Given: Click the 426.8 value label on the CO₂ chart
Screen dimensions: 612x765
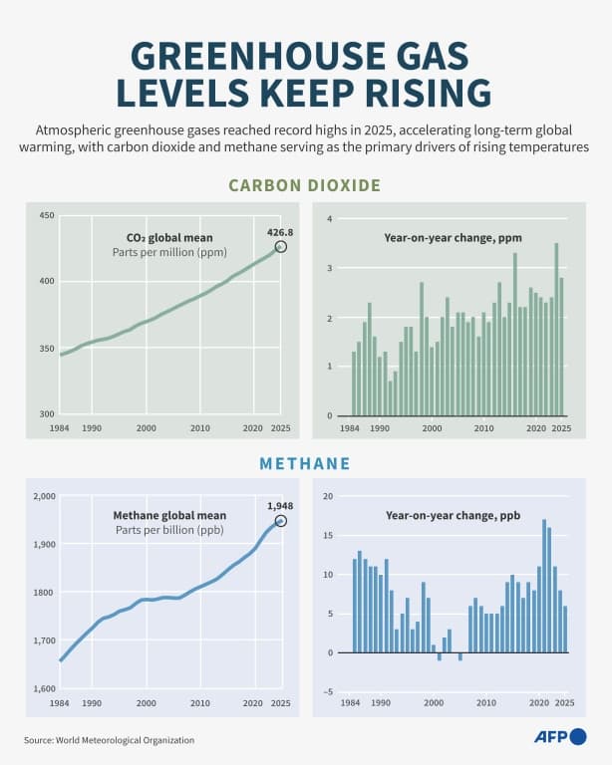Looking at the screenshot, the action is tap(280, 233).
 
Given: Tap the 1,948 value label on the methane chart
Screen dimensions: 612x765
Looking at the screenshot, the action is tap(280, 506).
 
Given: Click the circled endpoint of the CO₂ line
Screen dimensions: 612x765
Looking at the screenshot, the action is tap(281, 247).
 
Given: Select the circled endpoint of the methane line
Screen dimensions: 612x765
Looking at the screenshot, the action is tap(281, 521).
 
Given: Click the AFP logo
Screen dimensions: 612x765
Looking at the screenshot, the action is tap(561, 737).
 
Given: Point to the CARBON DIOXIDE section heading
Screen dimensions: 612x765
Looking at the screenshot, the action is tap(305, 185).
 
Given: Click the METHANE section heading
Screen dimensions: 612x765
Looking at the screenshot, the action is tap(305, 463).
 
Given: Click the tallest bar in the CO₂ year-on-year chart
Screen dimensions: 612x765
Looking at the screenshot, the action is tap(556, 330).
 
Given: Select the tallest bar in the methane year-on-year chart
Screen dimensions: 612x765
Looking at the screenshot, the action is tap(544, 586).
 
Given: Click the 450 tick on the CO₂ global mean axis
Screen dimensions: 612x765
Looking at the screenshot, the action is tap(47, 215).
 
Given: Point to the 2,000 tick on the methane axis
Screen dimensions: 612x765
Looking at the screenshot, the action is tap(45, 496).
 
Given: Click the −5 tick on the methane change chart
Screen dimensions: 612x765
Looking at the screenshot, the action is tap(328, 692).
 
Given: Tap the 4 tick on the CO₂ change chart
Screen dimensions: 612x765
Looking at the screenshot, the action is tap(330, 218).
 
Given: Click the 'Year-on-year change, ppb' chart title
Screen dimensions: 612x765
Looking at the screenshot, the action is tap(453, 515).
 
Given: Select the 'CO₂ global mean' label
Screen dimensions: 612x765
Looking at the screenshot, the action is tap(169, 238).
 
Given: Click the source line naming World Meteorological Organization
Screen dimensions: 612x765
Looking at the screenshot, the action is tap(110, 740).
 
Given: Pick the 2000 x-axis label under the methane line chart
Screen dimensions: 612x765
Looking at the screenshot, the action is tap(146, 703).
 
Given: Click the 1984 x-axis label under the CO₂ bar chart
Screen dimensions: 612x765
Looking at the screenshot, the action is tap(350, 428).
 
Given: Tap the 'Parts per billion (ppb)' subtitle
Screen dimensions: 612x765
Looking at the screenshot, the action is tap(169, 530).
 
